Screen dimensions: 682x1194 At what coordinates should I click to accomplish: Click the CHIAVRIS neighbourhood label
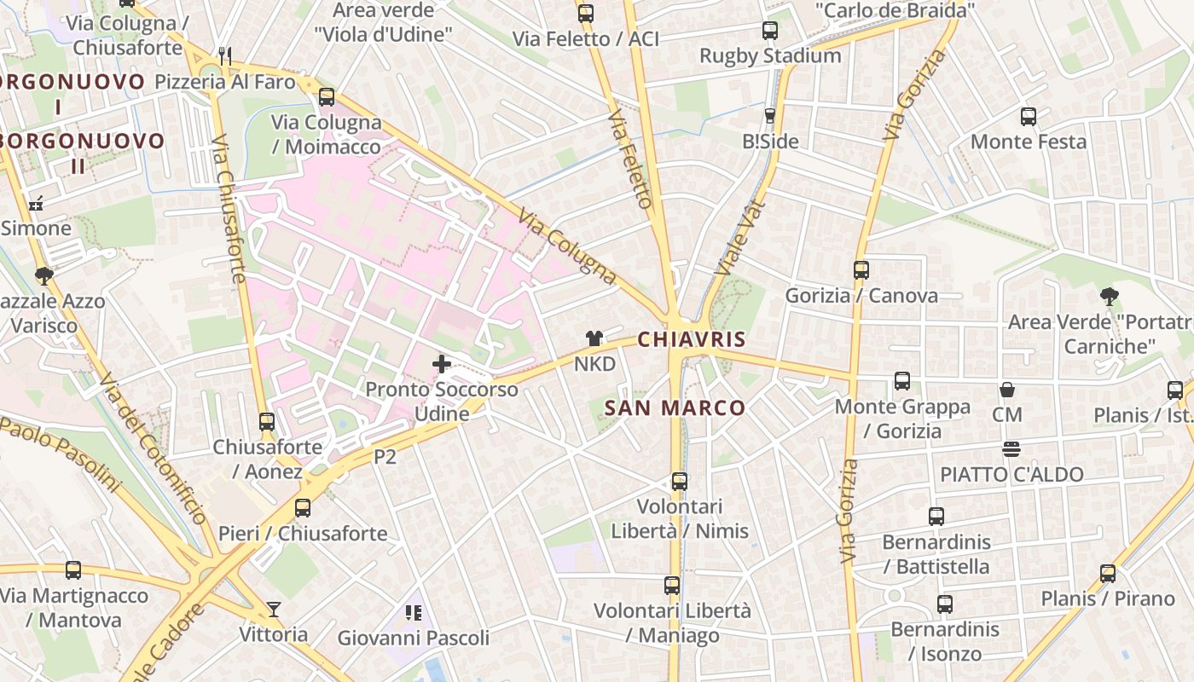[692, 339]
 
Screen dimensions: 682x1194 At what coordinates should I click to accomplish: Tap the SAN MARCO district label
[675, 407]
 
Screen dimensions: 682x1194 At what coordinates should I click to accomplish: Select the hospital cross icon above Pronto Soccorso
[442, 364]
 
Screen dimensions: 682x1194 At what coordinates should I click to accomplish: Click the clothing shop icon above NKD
[594, 338]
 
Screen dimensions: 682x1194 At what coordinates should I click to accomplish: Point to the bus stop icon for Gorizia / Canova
[861, 270]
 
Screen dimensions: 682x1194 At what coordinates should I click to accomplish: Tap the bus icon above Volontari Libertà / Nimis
[680, 481]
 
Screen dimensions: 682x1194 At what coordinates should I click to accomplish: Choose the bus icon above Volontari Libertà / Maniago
[672, 586]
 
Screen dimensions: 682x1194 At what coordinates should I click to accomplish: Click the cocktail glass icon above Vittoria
[273, 609]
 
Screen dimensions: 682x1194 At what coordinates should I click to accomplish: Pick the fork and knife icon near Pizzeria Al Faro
[225, 56]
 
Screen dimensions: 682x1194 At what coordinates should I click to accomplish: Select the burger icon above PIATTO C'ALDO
[1011, 448]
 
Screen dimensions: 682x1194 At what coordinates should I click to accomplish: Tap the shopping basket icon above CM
[1007, 390]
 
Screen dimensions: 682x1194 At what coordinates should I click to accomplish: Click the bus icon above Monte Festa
[1029, 116]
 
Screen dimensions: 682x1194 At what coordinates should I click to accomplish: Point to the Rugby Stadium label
[770, 55]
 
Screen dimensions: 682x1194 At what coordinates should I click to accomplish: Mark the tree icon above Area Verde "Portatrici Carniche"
[1109, 297]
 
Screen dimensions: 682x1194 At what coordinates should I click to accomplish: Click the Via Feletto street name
[632, 158]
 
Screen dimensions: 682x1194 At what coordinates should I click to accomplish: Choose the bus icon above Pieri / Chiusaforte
[303, 508]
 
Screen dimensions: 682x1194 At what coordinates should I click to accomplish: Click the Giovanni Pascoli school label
[414, 638]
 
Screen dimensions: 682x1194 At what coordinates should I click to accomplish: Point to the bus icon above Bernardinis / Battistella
[936, 517]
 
